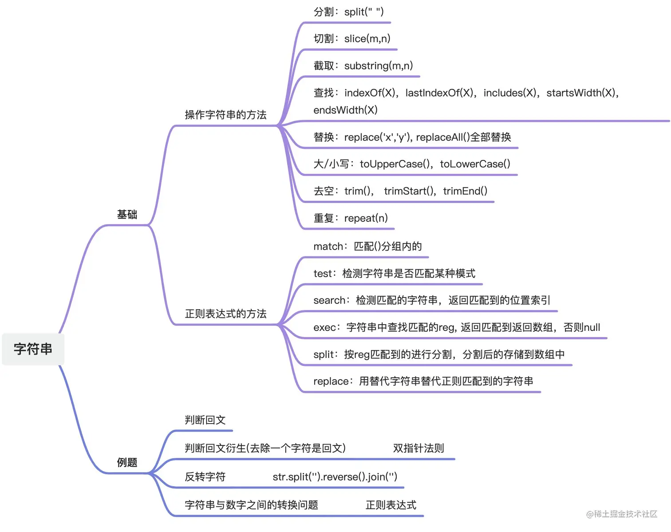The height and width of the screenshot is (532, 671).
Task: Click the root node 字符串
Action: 33,349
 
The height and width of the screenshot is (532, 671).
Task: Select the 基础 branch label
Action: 127,214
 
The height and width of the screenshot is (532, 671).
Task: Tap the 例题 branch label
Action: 127,462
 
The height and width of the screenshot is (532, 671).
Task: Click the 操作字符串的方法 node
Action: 225,115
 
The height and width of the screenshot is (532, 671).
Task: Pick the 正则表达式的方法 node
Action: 225,314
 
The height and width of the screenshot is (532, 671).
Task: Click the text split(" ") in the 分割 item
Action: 364,12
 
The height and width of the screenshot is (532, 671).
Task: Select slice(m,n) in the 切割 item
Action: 367,39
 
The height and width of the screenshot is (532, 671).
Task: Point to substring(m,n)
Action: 379,66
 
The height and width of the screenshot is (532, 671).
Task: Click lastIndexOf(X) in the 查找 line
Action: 439,93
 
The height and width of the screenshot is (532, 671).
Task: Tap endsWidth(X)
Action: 345,110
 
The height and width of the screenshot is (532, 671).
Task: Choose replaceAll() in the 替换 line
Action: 442,137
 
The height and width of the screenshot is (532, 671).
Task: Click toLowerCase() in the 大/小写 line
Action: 475,164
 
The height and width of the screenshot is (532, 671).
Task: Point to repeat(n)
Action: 366,218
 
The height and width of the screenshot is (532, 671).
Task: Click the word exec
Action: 324,328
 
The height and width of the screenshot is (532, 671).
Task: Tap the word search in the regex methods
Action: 329,301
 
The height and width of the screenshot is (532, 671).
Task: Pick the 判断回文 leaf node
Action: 205,420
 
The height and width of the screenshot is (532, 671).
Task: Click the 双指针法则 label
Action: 418,449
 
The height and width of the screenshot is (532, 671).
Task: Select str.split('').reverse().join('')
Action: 335,477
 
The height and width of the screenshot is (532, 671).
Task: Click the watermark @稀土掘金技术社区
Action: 621,514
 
